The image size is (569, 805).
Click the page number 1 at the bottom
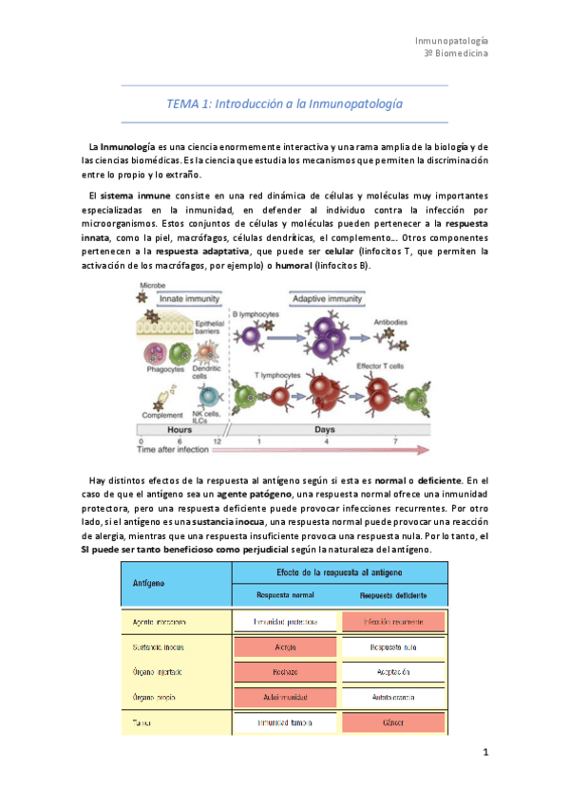[484, 753]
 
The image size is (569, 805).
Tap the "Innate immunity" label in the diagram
[186, 298]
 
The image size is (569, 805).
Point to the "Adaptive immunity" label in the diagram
[328, 298]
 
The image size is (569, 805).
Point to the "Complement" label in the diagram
[163, 415]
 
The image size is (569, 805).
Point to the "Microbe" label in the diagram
[154, 285]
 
